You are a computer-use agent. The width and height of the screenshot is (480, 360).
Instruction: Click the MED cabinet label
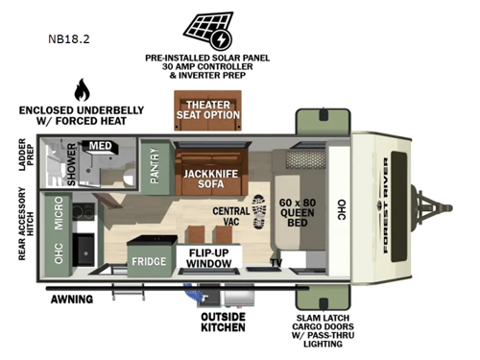pyautogui.click(x=101, y=147)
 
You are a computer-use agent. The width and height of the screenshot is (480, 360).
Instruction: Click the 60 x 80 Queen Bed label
pyautogui.click(x=298, y=209)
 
